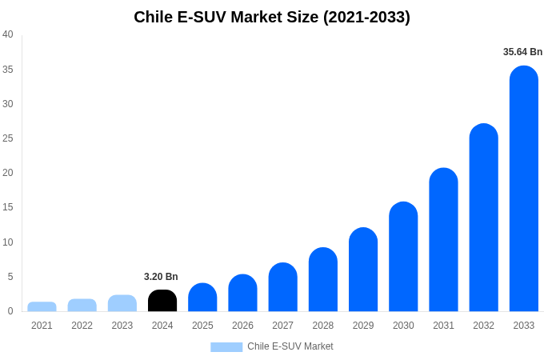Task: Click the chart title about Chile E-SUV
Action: (272, 17)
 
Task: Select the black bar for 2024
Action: (162, 301)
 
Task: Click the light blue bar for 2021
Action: (42, 306)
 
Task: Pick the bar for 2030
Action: (403, 257)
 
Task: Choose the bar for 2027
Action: (282, 287)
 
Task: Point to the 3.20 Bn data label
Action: (161, 277)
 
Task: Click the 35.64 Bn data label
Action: (522, 52)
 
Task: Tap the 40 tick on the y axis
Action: (8, 34)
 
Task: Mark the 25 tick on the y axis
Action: (8, 138)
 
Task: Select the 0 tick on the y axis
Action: (10, 311)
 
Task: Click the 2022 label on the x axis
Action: (82, 326)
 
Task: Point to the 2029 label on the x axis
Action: (363, 326)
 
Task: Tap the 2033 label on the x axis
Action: (524, 326)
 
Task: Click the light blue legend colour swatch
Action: (226, 347)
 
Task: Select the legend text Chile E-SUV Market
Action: (290, 347)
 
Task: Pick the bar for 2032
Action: (484, 218)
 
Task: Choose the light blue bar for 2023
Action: (122, 303)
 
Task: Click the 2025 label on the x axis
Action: (202, 326)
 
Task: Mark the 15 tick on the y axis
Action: (8, 207)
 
